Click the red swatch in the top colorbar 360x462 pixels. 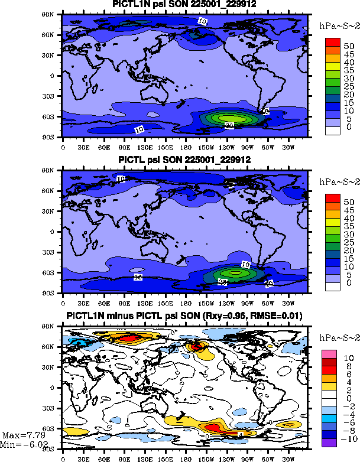334,42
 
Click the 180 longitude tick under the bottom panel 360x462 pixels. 186,457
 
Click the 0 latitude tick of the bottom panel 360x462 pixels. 54,388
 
